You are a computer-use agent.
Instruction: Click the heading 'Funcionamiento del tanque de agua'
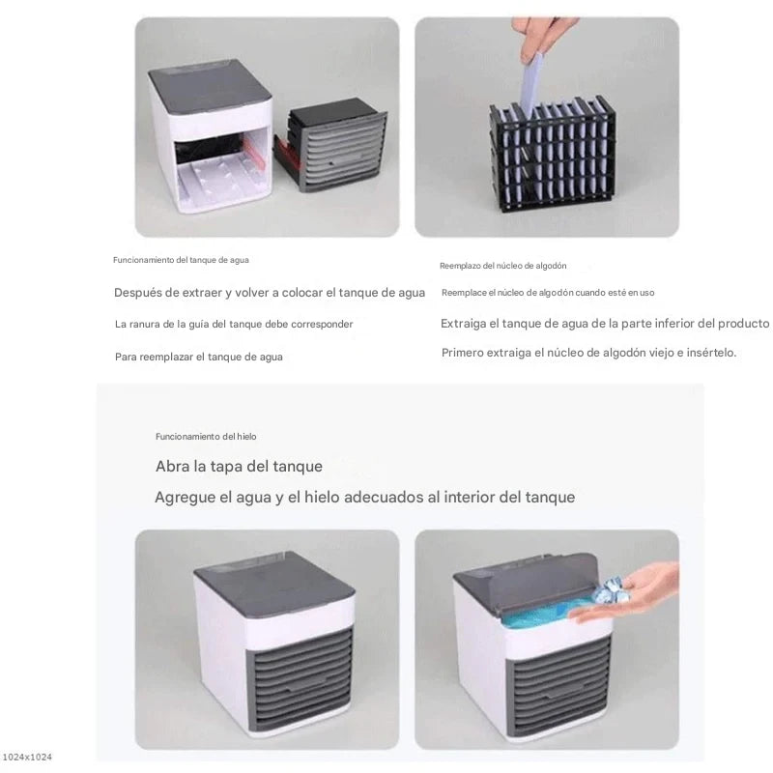coord(181,260)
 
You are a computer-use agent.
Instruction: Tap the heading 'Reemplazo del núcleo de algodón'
coord(502,266)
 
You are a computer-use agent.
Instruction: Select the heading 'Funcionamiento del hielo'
coord(206,437)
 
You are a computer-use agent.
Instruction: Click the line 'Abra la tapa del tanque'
coord(239,467)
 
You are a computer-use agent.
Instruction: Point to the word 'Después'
coord(139,293)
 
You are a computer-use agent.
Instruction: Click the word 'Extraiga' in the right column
coord(463,324)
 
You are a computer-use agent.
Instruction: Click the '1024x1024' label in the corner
coord(27,757)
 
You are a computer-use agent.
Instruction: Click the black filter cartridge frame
coord(552,154)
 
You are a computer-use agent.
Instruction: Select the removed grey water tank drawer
coord(330,144)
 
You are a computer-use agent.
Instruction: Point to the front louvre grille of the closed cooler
coord(301,678)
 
